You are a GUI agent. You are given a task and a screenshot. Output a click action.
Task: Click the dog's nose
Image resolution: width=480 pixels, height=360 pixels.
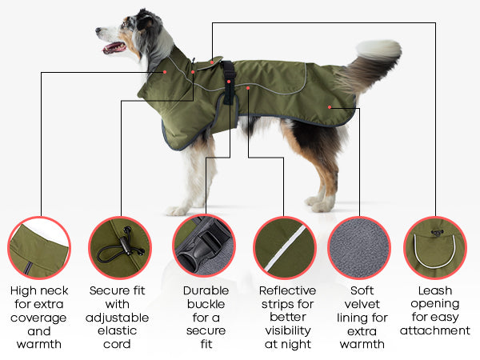pyautogui.click(x=98, y=30)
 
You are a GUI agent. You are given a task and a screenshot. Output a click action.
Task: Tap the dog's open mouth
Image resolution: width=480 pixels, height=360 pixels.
pyautogui.click(x=114, y=48)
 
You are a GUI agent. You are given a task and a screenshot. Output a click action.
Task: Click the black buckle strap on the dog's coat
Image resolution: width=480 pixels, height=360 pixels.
pyautogui.click(x=228, y=82)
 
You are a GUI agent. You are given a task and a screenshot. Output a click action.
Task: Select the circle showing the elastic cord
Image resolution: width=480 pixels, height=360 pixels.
pyautogui.click(x=120, y=248)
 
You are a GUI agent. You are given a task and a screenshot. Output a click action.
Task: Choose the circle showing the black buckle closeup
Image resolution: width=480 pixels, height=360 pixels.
pyautogui.click(x=204, y=246)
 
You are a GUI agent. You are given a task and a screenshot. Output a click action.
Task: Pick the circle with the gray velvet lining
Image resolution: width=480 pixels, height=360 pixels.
pyautogui.click(x=359, y=248)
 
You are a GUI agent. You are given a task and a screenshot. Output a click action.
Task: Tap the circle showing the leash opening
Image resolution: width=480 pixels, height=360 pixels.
pyautogui.click(x=435, y=248)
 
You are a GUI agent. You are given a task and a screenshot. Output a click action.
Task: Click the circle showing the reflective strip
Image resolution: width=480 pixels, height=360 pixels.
pyautogui.click(x=285, y=248)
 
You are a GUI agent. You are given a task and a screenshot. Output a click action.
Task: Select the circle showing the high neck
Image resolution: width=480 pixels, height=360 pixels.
pyautogui.click(x=39, y=248)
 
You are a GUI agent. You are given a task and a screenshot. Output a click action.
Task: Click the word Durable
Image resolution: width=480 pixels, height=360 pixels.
pyautogui.click(x=206, y=290)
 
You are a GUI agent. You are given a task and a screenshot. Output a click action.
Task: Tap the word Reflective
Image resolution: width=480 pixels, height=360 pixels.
pyautogui.click(x=287, y=290)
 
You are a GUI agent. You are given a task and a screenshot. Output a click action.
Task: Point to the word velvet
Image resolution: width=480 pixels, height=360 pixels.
pyautogui.click(x=362, y=304)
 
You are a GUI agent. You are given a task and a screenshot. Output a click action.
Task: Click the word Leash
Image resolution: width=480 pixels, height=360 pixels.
pyautogui.click(x=435, y=290)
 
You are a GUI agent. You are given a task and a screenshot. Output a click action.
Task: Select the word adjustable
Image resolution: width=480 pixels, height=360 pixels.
pyautogui.click(x=118, y=318)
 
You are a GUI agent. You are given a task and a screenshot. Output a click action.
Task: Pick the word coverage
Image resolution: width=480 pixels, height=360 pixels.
pyautogui.click(x=38, y=318)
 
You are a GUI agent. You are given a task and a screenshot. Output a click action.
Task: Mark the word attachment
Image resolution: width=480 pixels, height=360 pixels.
pyautogui.click(x=435, y=330)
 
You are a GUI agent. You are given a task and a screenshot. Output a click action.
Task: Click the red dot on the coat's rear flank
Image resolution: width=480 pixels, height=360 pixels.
pyautogui.click(x=330, y=107)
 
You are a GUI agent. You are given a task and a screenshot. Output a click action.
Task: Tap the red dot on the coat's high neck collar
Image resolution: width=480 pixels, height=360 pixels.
pyautogui.click(x=165, y=72)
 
